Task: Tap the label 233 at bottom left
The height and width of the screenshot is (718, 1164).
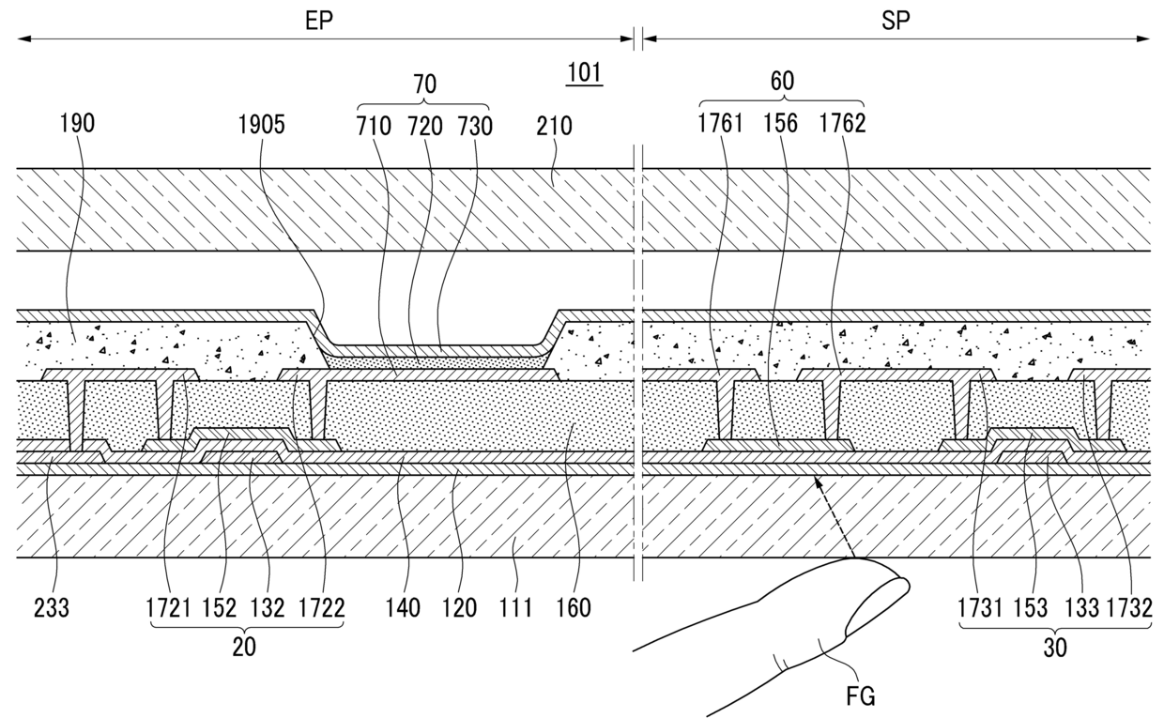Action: click(50, 608)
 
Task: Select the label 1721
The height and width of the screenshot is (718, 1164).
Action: click(169, 608)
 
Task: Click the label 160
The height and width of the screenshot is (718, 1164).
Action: click(573, 608)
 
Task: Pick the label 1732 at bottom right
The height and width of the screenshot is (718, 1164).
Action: click(1128, 608)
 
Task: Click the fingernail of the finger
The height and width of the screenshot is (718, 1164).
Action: click(878, 606)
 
